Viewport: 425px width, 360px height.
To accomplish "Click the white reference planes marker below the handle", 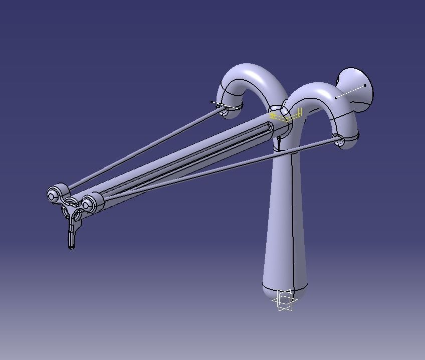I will [x=284, y=301].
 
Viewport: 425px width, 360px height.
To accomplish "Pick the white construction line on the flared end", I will [x=350, y=91].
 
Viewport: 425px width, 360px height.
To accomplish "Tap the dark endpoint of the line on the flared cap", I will [x=365, y=85].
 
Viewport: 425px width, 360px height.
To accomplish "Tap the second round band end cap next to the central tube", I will [x=88, y=204].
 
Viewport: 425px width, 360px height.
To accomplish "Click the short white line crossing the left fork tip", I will [x=221, y=105].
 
